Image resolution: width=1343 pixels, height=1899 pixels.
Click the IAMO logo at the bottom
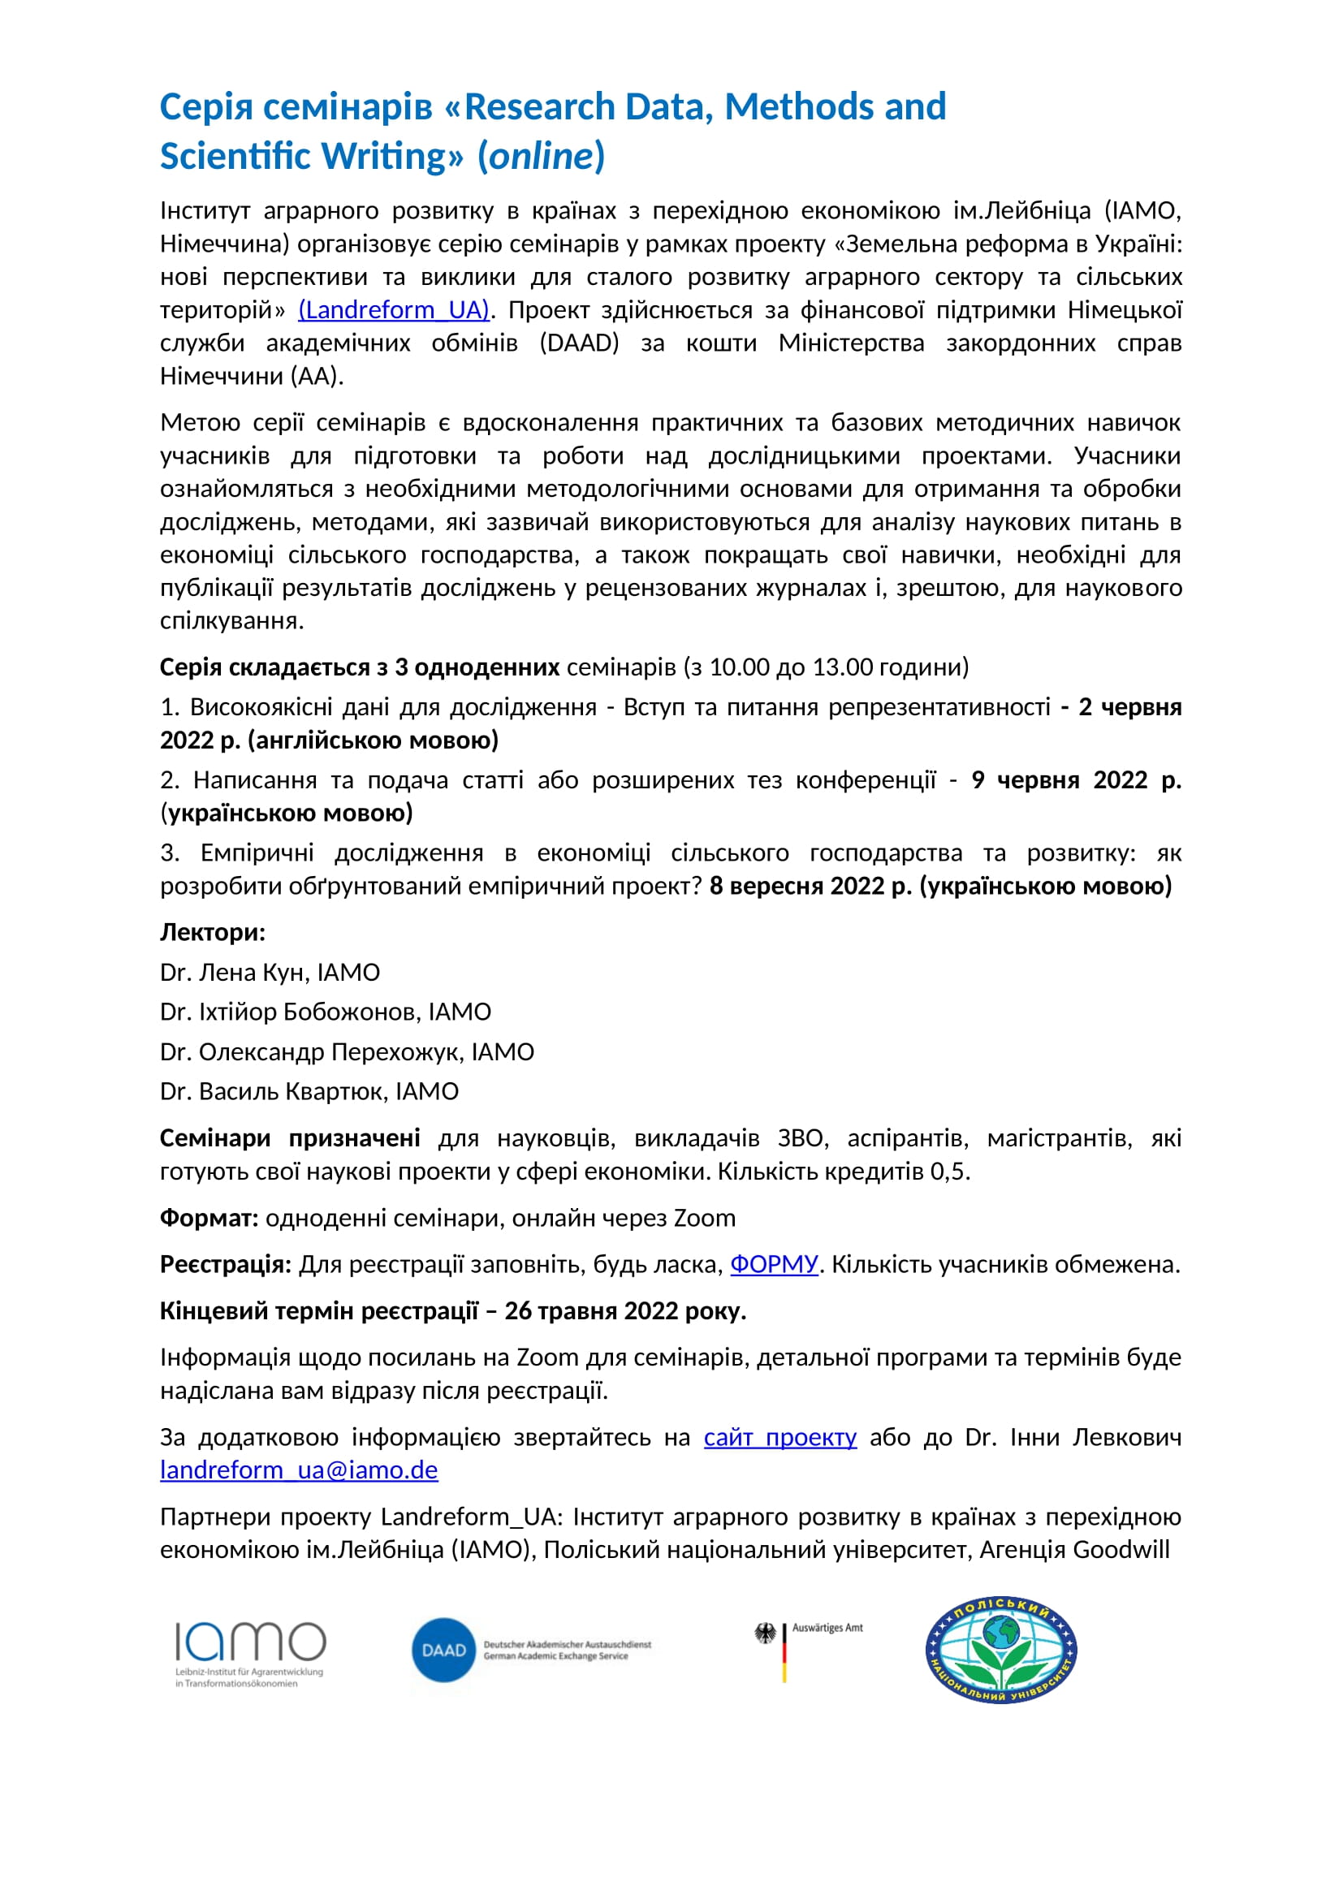pyautogui.click(x=250, y=1652)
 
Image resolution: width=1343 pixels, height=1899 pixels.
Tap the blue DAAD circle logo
pyautogui.click(x=444, y=1650)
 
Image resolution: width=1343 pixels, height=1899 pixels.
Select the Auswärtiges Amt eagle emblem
pyautogui.click(x=767, y=1634)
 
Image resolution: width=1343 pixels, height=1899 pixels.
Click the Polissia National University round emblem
pyautogui.click(x=1000, y=1649)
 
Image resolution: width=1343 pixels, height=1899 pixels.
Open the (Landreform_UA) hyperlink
pyautogui.click(x=394, y=310)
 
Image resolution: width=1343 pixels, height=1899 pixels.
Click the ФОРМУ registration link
pyautogui.click(x=773, y=1265)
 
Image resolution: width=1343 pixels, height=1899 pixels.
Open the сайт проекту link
pyautogui.click(x=779, y=1438)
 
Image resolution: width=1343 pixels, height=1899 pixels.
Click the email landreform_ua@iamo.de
pyautogui.click(x=299, y=1470)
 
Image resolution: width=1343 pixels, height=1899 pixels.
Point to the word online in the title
pyautogui.click(x=542, y=157)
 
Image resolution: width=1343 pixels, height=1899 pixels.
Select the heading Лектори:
pyautogui.click(x=213, y=932)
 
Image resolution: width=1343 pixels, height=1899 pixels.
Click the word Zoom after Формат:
pyautogui.click(x=705, y=1219)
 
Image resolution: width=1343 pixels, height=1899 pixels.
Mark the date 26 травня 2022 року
pyautogui.click(x=624, y=1311)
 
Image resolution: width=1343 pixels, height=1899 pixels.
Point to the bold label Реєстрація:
pyautogui.click(x=226, y=1265)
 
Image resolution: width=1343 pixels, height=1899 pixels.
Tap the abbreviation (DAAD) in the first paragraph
pyautogui.click(x=579, y=343)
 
